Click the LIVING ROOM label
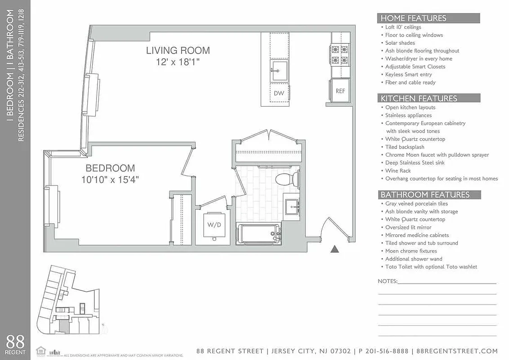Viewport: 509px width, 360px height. click(x=178, y=50)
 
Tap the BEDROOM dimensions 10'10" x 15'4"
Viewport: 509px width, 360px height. click(x=110, y=180)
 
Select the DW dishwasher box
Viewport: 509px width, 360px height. click(x=279, y=93)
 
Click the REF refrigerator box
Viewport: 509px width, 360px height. click(x=340, y=91)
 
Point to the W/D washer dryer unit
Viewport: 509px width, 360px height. click(x=214, y=225)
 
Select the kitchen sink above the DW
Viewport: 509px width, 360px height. click(x=279, y=70)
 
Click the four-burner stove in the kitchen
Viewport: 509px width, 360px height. click(x=340, y=54)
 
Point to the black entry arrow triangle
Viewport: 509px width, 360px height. click(x=334, y=248)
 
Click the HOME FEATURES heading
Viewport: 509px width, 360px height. click(x=413, y=18)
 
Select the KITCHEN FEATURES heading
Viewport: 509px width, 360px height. click(x=419, y=98)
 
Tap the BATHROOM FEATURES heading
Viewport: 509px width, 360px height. click(x=425, y=195)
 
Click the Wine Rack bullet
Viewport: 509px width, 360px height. click(x=398, y=171)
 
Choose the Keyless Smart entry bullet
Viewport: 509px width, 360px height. click(x=408, y=75)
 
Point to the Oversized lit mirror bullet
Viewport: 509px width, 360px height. click(x=408, y=227)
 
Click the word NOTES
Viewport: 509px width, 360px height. click(x=387, y=281)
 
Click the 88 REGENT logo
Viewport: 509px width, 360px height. click(x=15, y=345)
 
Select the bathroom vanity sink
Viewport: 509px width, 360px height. click(x=293, y=207)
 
